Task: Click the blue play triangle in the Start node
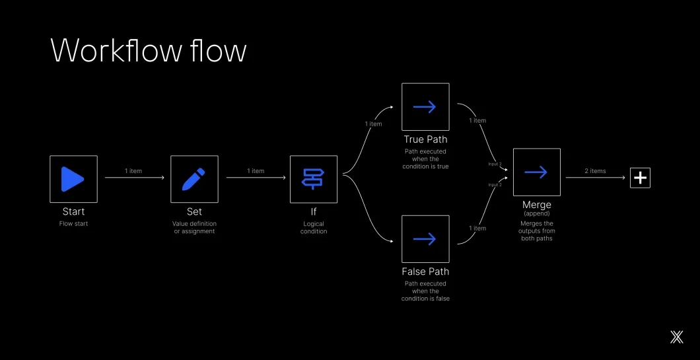click(x=72, y=179)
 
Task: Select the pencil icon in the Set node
click(x=194, y=179)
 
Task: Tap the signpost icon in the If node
click(x=313, y=179)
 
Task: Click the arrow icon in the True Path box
click(x=425, y=107)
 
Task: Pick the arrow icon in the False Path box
click(x=425, y=239)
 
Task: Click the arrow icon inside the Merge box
click(x=536, y=172)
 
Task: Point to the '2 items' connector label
click(x=595, y=171)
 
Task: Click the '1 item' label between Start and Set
click(x=133, y=171)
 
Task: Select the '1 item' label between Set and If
click(x=256, y=171)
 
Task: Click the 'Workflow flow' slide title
click(x=149, y=51)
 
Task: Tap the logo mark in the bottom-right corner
click(x=676, y=337)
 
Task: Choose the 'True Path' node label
click(x=425, y=139)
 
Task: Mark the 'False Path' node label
click(x=425, y=271)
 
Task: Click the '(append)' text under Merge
click(x=536, y=214)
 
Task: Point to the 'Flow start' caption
click(x=73, y=223)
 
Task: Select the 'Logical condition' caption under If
click(x=314, y=227)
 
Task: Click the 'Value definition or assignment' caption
click(x=194, y=227)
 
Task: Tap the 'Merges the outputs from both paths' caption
click(x=536, y=231)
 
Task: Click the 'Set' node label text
click(x=194, y=212)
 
